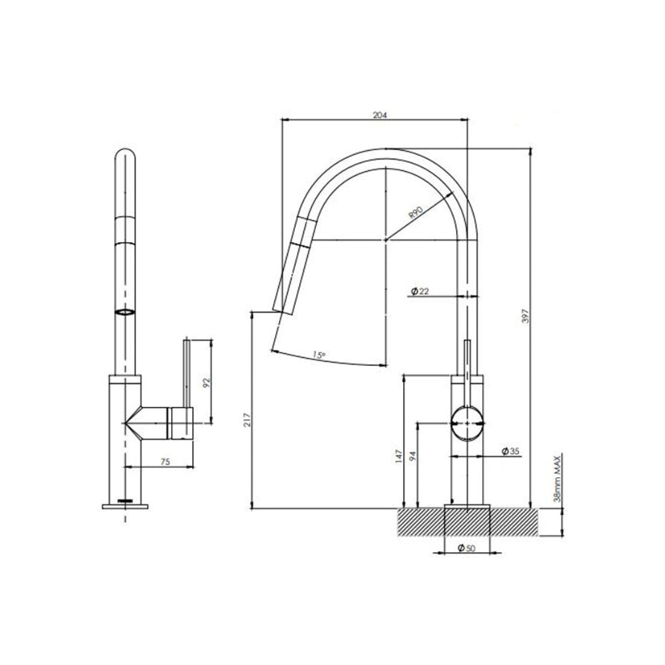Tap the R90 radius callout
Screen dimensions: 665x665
tap(416, 214)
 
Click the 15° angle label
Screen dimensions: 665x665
tap(318, 355)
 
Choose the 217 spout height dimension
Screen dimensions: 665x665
tap(247, 420)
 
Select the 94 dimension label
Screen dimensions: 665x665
tap(413, 455)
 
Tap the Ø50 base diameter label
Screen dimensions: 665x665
tap(467, 548)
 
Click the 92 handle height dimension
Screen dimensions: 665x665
tap(207, 382)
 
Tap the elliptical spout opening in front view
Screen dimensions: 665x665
tap(125, 313)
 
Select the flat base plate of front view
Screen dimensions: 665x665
tap(126, 506)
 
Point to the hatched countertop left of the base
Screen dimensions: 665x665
tap(422, 522)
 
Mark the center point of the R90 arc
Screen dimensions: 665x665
tap(385, 240)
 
